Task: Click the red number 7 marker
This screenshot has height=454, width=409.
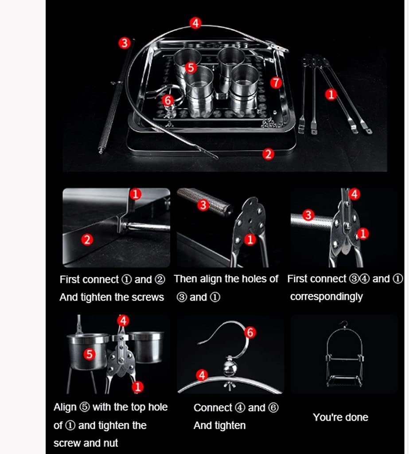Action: [x=276, y=82]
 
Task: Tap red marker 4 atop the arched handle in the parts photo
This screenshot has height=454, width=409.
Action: [x=195, y=23]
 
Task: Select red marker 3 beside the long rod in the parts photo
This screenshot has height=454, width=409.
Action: [x=125, y=43]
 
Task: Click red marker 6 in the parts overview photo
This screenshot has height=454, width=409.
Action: [x=167, y=100]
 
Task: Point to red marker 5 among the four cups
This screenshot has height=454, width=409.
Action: [x=191, y=67]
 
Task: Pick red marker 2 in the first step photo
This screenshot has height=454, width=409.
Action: [x=87, y=240]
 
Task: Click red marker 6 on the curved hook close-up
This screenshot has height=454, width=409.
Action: [x=250, y=332]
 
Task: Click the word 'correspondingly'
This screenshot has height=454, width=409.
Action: [x=326, y=297]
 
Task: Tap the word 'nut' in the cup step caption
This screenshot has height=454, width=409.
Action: [x=110, y=443]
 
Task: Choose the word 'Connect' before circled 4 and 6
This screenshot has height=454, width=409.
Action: [x=213, y=408]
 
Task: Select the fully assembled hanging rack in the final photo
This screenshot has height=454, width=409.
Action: [x=344, y=355]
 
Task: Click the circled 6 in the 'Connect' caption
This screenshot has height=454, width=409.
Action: [x=274, y=408]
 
